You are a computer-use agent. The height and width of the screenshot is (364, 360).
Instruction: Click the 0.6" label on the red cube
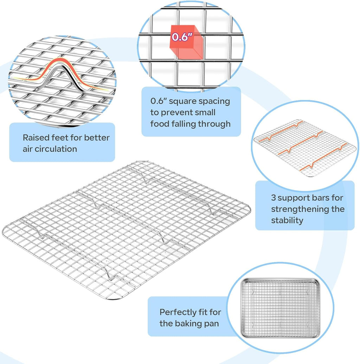(x=182, y=37)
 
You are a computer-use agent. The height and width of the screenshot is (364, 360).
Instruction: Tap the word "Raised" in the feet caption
(x=36, y=138)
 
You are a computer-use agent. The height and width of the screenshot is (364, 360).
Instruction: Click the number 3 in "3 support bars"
(x=274, y=198)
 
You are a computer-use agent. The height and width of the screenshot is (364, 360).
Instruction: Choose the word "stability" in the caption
(x=287, y=220)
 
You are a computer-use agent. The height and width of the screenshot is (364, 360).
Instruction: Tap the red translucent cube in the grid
(x=186, y=42)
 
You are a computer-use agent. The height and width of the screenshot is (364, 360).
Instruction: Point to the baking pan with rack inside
(x=280, y=308)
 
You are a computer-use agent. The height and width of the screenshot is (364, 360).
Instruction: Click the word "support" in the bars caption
(x=293, y=199)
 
